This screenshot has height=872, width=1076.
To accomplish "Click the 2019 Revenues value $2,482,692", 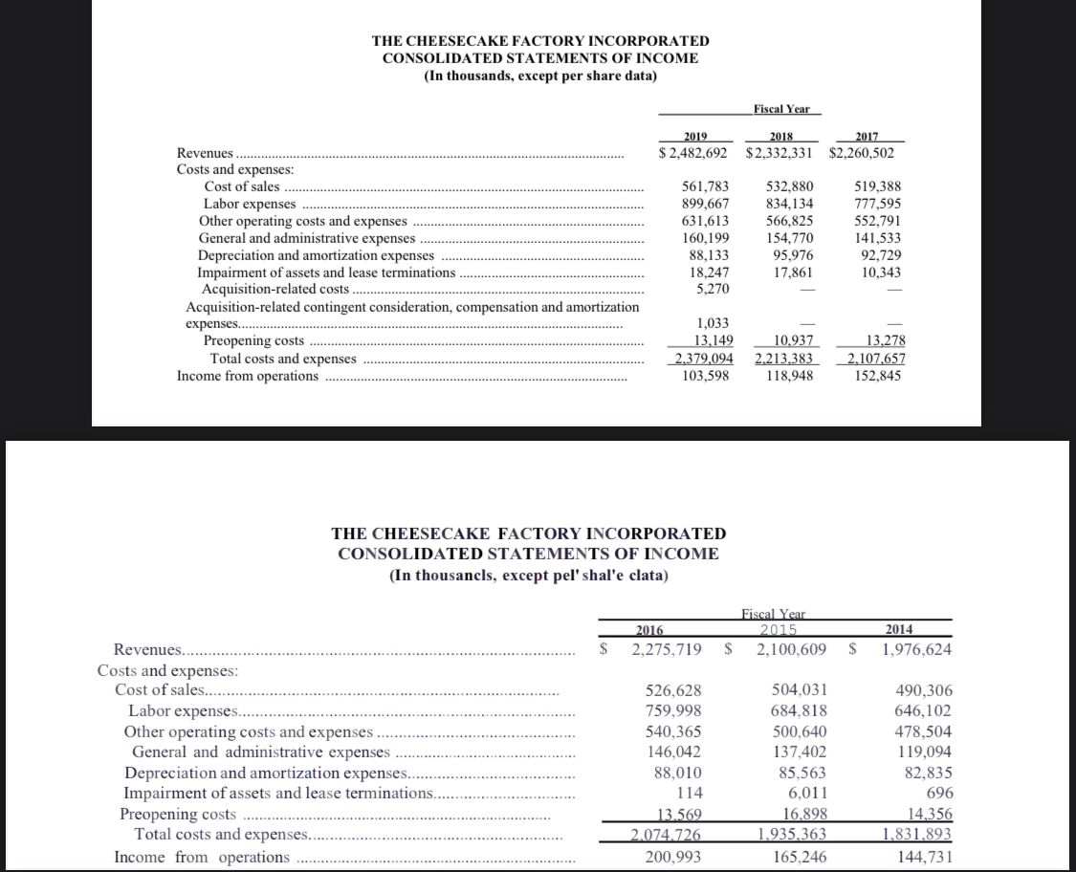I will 694,153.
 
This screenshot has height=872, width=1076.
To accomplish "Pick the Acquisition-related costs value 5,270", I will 710,289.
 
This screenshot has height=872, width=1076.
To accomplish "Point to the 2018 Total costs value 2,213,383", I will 783,359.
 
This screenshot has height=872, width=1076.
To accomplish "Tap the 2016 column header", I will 650,628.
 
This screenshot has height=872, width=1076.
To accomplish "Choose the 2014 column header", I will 899,628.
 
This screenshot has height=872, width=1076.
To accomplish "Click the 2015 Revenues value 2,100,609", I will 790,649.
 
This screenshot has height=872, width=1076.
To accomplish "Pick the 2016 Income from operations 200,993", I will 668,857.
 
